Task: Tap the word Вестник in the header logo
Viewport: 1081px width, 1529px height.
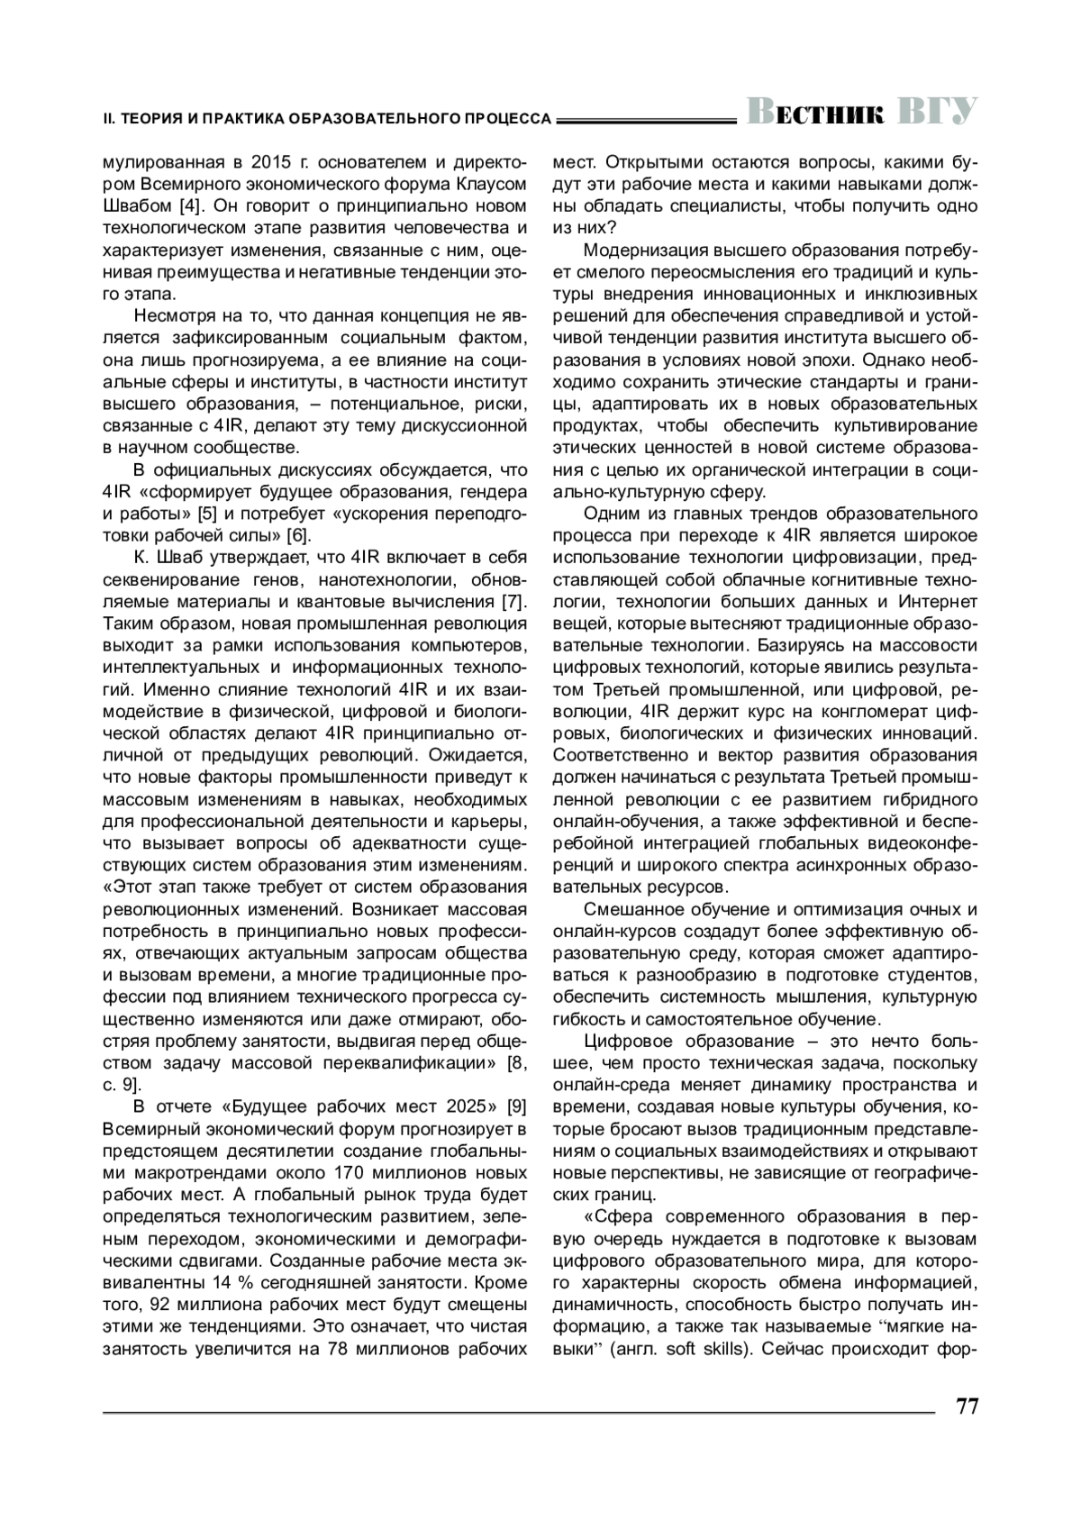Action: coord(816,113)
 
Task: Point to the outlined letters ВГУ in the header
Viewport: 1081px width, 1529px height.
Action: coord(938,112)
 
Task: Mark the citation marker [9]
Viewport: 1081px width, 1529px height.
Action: coord(517,1106)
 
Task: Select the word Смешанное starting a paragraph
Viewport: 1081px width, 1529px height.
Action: coord(629,909)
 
